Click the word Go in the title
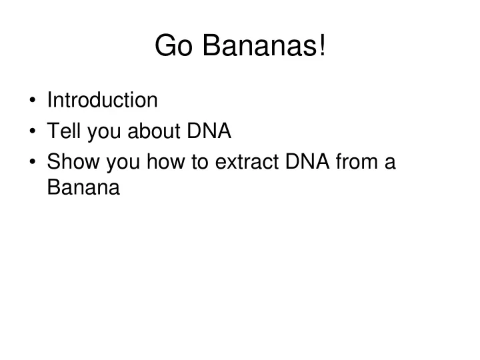tap(173, 45)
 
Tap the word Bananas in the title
tap(259, 45)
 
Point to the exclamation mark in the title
tap(322, 45)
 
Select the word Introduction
tap(102, 100)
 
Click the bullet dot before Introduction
tap(33, 100)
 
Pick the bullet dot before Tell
tap(33, 131)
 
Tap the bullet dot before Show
tap(33, 161)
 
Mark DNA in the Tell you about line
tap(209, 131)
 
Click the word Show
tap(73, 161)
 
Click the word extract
tap(247, 162)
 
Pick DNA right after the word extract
tap(307, 161)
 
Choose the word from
tap(357, 161)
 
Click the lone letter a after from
tap(390, 163)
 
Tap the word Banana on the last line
tap(83, 187)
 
